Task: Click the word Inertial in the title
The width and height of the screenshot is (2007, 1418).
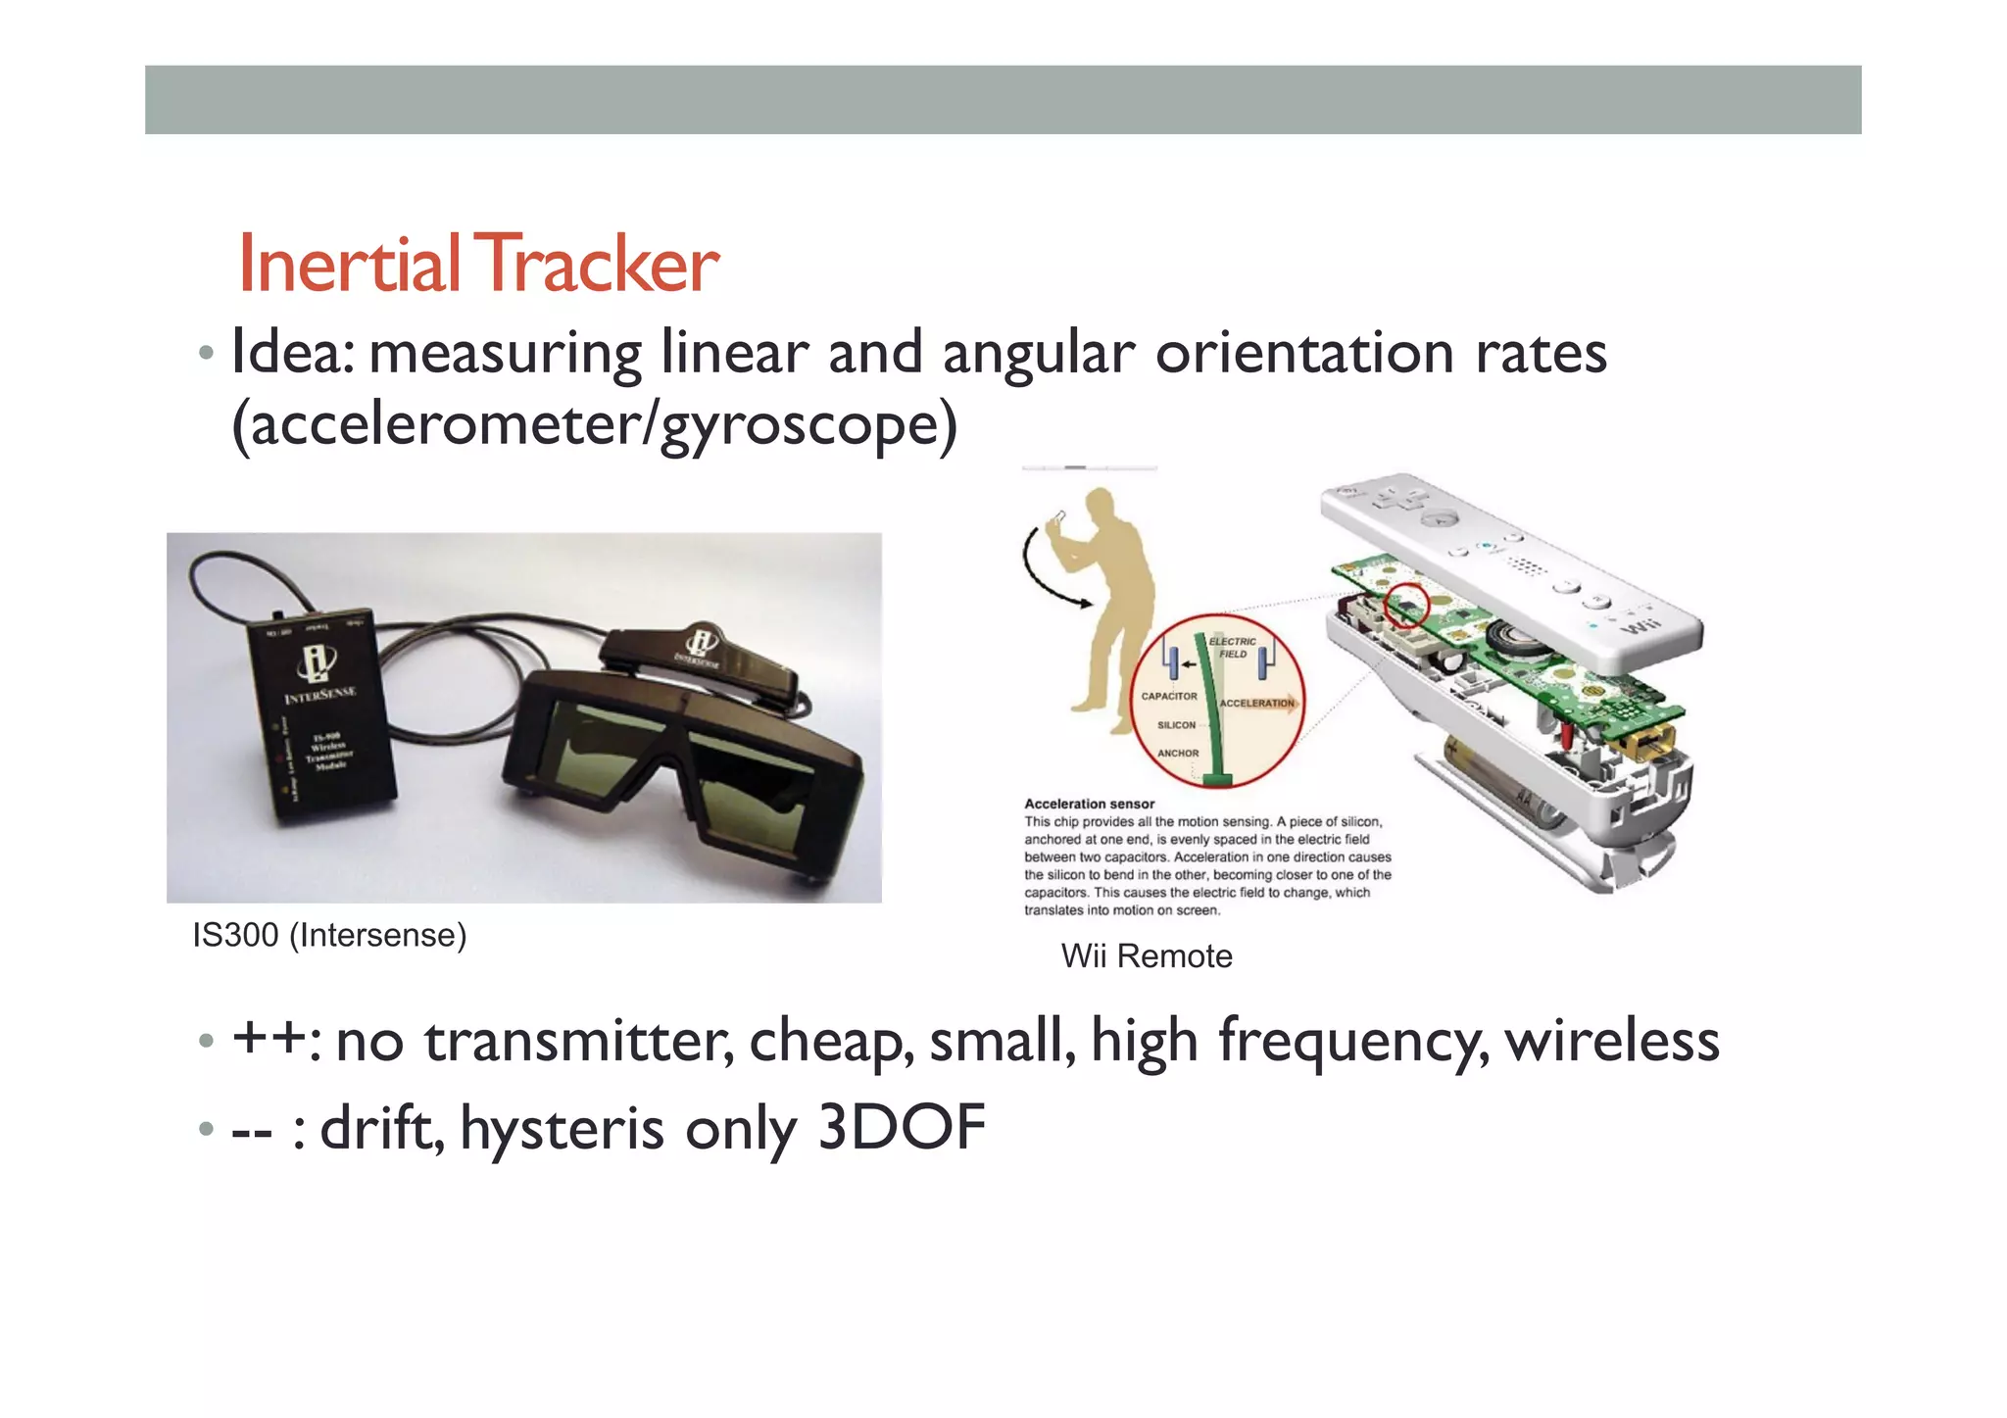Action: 349,265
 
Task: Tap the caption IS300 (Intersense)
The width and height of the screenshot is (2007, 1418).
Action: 329,936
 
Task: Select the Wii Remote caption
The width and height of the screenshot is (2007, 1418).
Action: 1147,956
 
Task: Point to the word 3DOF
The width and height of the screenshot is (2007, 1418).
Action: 901,1128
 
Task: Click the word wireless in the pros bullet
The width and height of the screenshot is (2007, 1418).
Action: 1612,1041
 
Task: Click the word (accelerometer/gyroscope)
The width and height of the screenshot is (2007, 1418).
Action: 594,425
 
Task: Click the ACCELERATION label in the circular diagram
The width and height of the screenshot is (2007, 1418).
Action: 1256,704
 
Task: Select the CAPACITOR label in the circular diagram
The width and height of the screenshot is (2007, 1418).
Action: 1169,697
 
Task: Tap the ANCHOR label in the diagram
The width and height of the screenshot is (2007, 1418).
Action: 1178,754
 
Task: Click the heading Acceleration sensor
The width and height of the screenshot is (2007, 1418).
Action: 1089,805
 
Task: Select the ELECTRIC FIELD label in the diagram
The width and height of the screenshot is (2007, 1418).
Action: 1232,648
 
